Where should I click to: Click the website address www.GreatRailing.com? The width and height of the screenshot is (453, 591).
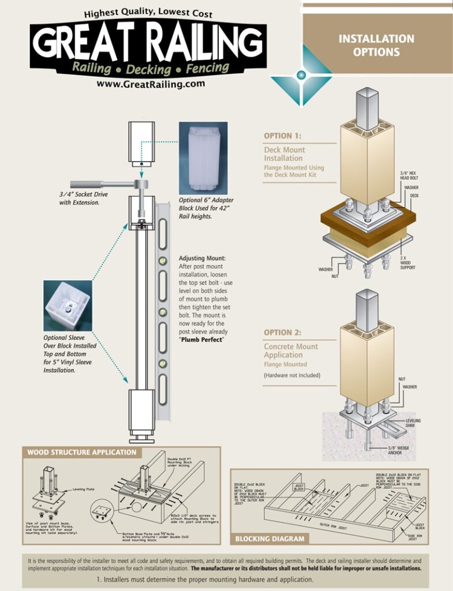151,84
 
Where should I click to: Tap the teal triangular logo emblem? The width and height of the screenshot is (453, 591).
301,75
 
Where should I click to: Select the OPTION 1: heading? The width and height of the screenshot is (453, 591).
283,136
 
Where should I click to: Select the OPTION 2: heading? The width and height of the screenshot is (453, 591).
283,333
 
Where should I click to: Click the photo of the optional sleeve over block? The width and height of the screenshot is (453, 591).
68,306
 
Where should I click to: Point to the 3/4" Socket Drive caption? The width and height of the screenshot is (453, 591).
83,199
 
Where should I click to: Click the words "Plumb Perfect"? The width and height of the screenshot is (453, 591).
201,339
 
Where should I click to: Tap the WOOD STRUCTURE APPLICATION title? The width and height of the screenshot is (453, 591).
82,452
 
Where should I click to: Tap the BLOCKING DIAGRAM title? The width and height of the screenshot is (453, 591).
269,539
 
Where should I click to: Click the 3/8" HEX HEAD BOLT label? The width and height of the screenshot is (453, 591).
413,176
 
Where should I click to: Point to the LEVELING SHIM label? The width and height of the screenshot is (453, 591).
413,423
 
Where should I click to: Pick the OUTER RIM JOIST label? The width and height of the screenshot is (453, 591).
334,525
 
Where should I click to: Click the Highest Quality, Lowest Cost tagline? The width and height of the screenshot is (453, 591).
148,13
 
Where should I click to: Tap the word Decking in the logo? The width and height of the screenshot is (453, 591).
149,69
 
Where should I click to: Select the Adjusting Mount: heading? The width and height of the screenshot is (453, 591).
202,258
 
